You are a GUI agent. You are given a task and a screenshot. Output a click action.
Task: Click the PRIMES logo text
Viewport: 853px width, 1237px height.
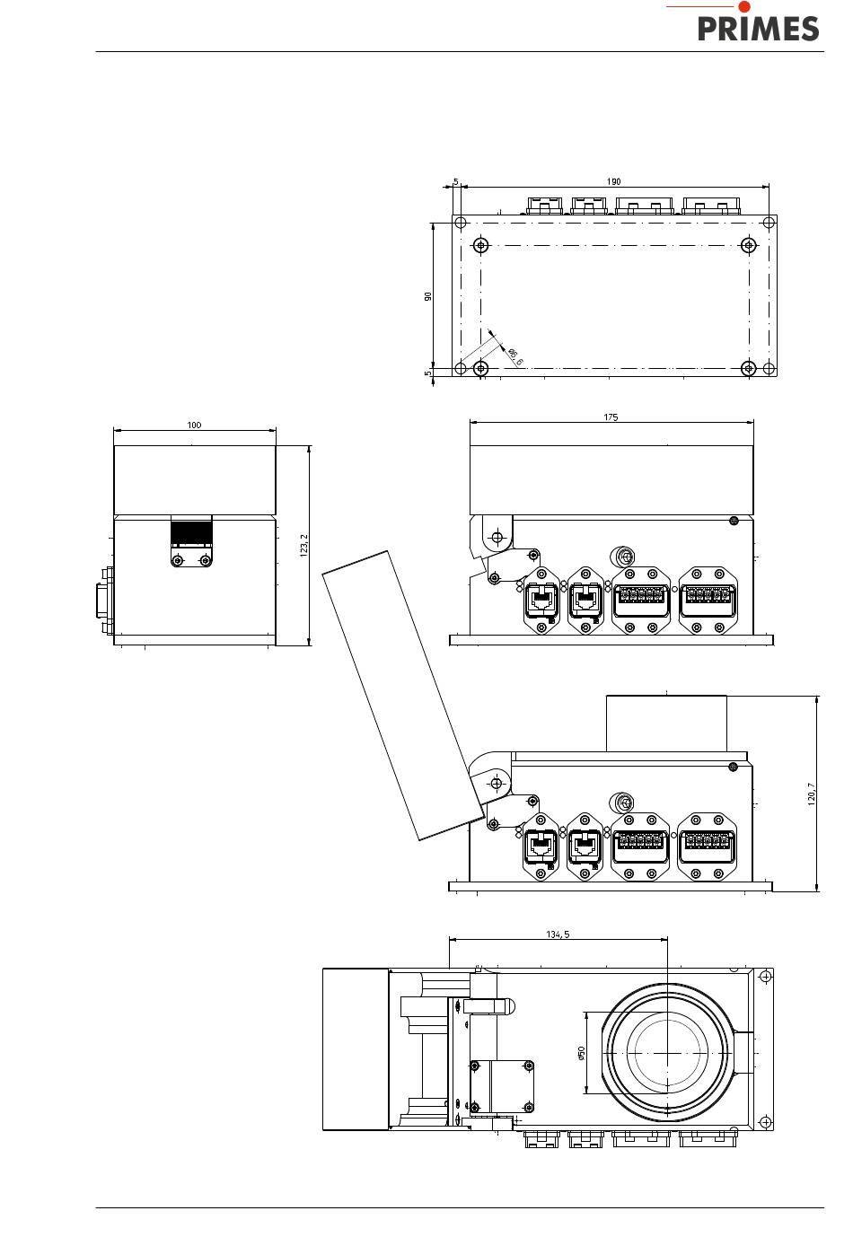[758, 29]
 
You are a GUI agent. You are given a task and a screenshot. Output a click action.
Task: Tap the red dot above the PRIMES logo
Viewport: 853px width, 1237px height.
[744, 6]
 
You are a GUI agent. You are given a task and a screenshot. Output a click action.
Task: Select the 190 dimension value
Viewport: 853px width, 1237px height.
[613, 181]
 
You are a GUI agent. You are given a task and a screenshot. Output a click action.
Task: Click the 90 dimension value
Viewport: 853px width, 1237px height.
[428, 296]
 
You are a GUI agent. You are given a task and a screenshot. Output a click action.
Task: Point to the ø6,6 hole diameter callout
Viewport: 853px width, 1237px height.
[514, 356]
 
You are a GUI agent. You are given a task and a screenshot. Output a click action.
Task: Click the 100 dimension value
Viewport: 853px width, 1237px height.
[194, 425]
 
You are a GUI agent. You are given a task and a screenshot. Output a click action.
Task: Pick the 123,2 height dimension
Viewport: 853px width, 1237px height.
[303, 545]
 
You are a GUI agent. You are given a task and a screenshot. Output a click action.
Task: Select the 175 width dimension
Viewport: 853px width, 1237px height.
[611, 417]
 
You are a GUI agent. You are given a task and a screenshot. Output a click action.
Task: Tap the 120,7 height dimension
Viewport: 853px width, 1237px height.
[811, 794]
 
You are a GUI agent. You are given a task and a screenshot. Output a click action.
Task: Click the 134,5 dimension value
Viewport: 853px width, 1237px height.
[558, 934]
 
